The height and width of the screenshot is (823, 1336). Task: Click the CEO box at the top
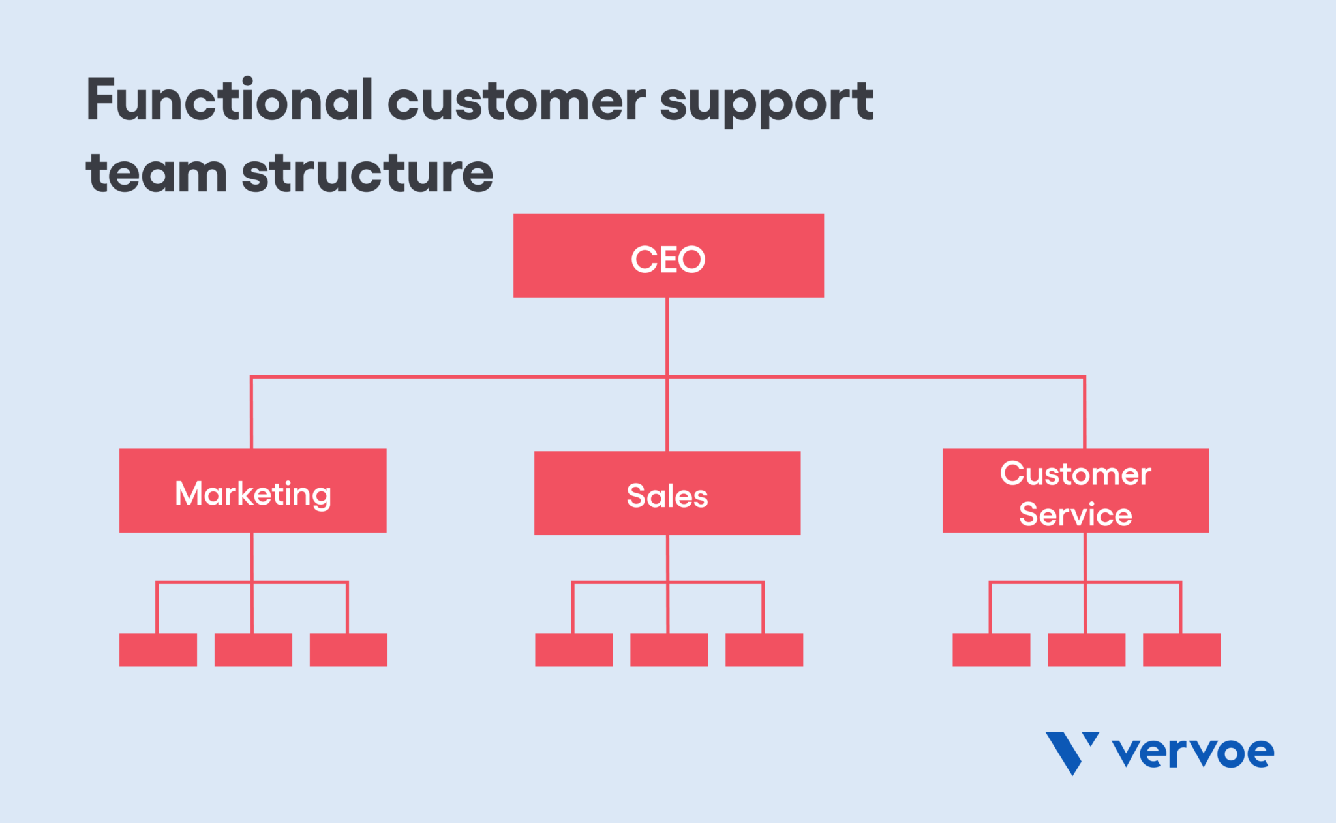coord(668,256)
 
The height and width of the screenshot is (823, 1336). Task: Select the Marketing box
coord(252,491)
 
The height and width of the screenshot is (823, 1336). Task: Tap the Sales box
coord(667,493)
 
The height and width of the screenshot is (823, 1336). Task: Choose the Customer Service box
coord(1075,491)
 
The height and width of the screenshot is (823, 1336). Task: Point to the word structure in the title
coord(367,174)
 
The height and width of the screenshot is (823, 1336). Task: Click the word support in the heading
coord(766,103)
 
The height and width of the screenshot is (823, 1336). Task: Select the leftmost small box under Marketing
coord(158,649)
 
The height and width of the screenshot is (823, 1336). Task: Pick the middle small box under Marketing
coord(253,649)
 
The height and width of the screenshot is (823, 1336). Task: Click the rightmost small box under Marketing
coord(348,649)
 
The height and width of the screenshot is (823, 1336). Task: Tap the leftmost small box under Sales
coord(573,649)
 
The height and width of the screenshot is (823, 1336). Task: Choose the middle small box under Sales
coord(669,649)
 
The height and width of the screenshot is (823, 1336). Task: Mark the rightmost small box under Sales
coord(764,649)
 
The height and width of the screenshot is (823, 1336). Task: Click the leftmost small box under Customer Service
coord(991,649)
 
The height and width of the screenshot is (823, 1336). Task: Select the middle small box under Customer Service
coord(1086,649)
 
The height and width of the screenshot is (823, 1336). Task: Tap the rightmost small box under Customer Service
coord(1181,649)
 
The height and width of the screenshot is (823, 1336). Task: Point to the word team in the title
coord(157,174)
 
